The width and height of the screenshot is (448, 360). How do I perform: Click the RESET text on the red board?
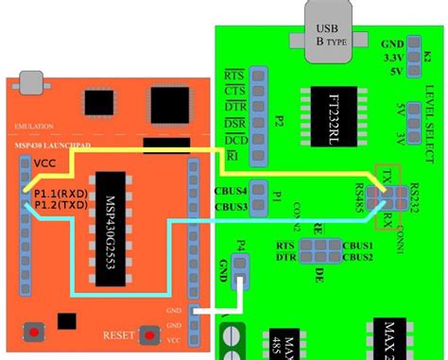[x=118, y=335]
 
